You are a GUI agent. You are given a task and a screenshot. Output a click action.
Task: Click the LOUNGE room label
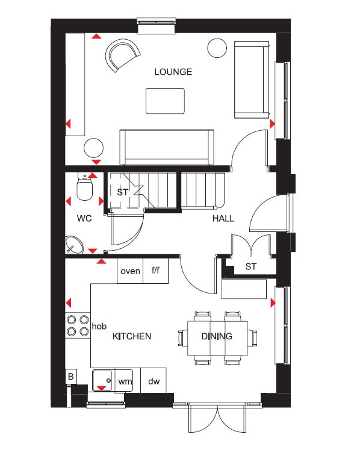click(173, 72)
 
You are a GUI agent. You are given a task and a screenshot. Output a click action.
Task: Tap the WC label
click(84, 218)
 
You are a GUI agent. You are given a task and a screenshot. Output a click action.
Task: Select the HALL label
click(223, 219)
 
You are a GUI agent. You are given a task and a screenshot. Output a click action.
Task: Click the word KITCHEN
click(132, 336)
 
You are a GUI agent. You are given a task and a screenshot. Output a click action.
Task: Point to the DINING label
click(217, 336)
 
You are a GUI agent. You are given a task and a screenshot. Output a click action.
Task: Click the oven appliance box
click(130, 271)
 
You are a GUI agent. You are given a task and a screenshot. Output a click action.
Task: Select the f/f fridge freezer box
click(156, 271)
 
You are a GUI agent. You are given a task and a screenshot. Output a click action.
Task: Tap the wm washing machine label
click(125, 381)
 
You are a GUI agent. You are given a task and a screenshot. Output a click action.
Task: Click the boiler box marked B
click(70, 376)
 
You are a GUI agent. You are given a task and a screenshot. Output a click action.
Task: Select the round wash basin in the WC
click(74, 245)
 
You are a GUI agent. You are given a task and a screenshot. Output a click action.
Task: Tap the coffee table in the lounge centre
click(165, 101)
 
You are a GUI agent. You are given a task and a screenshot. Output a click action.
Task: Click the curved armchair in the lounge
click(123, 55)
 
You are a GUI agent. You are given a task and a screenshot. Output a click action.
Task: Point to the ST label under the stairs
click(123, 192)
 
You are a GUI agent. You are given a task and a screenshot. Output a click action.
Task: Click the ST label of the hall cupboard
click(251, 266)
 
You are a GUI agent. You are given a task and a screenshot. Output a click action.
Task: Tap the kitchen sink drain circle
click(109, 380)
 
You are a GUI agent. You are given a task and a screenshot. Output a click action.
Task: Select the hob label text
click(99, 326)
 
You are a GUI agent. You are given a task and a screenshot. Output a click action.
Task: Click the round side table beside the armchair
click(217, 48)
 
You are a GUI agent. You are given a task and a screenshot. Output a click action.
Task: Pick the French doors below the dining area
click(217, 418)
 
